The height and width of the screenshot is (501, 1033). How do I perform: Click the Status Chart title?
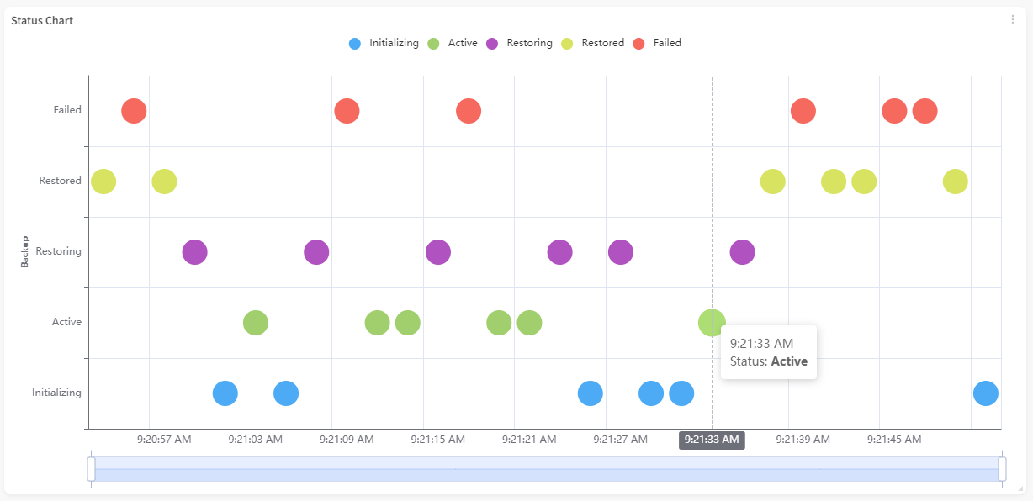pyautogui.click(x=42, y=20)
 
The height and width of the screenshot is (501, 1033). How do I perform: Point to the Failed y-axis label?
pyautogui.click(x=67, y=110)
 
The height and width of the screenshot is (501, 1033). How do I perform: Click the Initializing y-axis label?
pyautogui.click(x=56, y=393)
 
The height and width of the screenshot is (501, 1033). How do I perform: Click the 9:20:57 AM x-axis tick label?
pyautogui.click(x=164, y=440)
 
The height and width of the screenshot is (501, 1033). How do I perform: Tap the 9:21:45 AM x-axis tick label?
pyautogui.click(x=893, y=440)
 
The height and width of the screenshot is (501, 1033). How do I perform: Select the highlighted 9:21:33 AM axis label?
pyautogui.click(x=712, y=440)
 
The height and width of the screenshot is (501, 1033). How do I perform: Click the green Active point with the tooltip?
pyautogui.click(x=712, y=322)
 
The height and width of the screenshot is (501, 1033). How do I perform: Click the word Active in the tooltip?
pyautogui.click(x=789, y=361)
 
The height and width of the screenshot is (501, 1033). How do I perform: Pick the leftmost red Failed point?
pyautogui.click(x=134, y=110)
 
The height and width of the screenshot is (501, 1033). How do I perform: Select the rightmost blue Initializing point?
pyautogui.click(x=985, y=393)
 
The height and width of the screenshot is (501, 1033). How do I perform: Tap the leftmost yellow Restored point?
pyautogui.click(x=103, y=181)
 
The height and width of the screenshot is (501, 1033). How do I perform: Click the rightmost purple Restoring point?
pyautogui.click(x=742, y=251)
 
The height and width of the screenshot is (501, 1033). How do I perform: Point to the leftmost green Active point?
pyautogui.click(x=256, y=322)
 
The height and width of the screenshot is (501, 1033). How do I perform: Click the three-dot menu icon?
pyautogui.click(x=1013, y=20)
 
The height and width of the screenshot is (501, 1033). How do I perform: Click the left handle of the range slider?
pyautogui.click(x=91, y=469)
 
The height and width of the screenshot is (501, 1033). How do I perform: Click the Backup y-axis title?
pyautogui.click(x=24, y=251)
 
